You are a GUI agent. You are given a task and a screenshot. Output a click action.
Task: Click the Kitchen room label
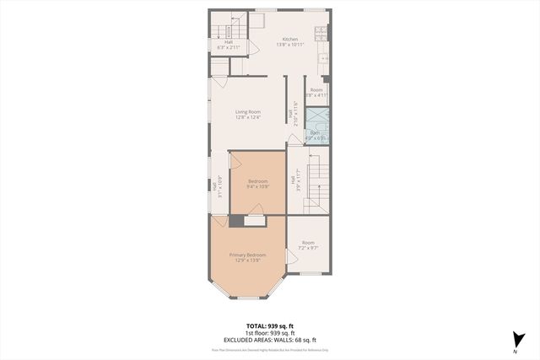click(289, 40)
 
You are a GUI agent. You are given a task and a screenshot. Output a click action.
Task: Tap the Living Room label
click(247, 111)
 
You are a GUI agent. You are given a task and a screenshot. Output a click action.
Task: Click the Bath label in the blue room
click(314, 132)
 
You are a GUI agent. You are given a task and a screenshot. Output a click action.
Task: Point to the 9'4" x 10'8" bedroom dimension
click(257, 187)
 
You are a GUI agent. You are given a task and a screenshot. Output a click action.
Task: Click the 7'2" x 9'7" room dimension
click(309, 248)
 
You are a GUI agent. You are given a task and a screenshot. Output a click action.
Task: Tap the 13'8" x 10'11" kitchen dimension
click(289, 46)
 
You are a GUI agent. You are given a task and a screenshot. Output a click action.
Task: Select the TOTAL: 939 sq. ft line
click(269, 325)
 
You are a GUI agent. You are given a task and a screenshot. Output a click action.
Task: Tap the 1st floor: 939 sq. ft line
click(269, 332)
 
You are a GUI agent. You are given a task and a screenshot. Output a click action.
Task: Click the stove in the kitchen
click(321, 35)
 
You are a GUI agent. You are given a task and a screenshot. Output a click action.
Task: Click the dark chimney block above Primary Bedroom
click(235, 221)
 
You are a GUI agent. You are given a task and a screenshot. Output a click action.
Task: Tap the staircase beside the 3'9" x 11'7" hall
click(316, 179)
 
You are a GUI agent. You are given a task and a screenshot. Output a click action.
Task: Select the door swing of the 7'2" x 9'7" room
click(292, 254)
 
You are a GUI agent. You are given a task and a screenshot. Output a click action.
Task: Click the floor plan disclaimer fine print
click(269, 349)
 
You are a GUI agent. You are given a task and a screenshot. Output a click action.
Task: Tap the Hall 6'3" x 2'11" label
click(227, 46)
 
